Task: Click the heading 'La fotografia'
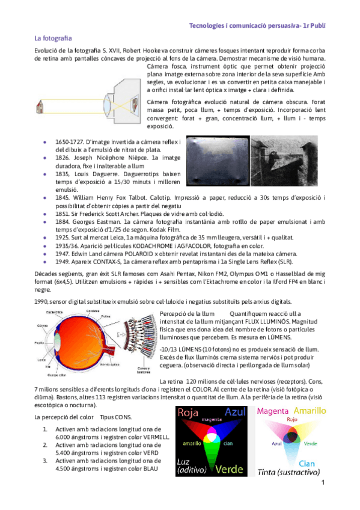53,38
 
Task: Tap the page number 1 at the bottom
323,483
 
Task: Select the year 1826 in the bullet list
63,156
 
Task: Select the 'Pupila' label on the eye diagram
40,343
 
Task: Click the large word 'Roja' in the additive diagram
187,413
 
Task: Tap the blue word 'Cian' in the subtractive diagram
307,463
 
